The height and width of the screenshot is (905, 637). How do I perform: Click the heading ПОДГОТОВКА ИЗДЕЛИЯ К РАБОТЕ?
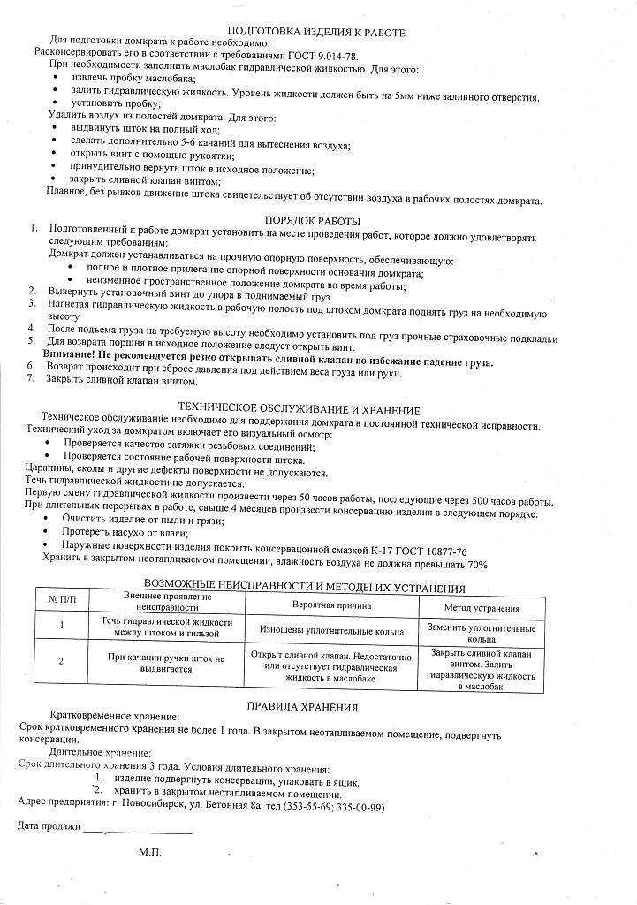(315, 32)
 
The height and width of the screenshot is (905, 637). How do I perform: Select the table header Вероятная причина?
(331, 606)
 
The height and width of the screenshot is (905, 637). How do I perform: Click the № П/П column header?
(62, 601)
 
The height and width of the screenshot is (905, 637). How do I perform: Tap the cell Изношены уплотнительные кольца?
(331, 631)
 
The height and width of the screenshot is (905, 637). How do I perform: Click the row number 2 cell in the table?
(61, 660)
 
